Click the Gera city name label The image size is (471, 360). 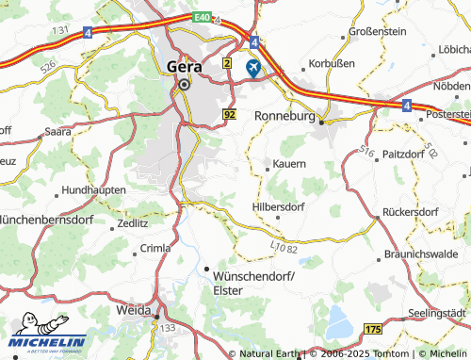[x=184, y=66]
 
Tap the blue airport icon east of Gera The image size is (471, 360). [x=253, y=68]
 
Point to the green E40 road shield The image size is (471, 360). [x=199, y=18]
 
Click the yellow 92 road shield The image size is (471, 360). [x=230, y=114]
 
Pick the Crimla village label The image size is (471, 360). [x=155, y=248]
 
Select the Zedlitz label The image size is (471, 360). [x=132, y=223]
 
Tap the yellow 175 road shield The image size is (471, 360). [x=373, y=328]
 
